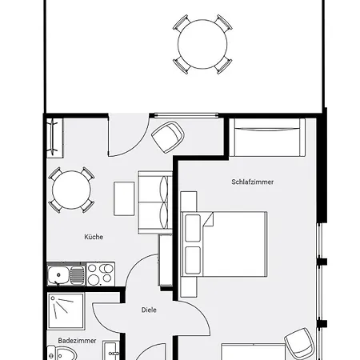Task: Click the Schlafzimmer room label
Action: (x=252, y=182)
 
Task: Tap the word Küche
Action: (x=94, y=237)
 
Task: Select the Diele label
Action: (x=149, y=310)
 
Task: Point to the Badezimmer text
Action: (x=77, y=341)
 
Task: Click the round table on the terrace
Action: (x=202, y=44)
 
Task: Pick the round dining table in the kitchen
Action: (x=71, y=190)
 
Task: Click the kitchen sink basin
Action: (x=58, y=274)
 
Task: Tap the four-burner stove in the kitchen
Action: (x=100, y=274)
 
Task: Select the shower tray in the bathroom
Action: (x=66, y=311)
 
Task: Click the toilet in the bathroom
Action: (x=62, y=354)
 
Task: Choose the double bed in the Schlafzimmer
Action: (x=224, y=244)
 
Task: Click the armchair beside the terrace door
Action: (x=168, y=137)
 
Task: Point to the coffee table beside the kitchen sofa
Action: (x=124, y=198)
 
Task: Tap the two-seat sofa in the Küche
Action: (x=155, y=202)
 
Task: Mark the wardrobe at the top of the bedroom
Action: (x=267, y=138)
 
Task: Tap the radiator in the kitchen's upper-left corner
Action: (x=53, y=138)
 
